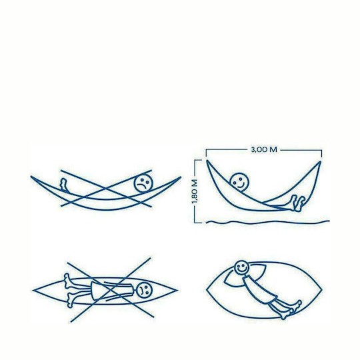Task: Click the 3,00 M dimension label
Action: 264,150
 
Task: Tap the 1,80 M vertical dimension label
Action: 195,192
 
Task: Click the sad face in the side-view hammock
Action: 143,183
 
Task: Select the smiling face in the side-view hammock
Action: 239,182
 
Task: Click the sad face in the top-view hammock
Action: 144,289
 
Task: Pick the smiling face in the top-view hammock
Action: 241,267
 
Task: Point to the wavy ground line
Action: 268,222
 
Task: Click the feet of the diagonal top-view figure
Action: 291,310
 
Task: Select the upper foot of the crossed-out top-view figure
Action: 68,281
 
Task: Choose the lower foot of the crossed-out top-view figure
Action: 71,300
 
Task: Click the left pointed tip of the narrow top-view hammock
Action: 33,291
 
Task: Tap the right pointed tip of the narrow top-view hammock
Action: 177,290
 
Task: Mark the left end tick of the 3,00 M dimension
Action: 206,153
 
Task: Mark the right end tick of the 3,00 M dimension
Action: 321,153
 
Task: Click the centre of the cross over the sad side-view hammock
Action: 106,189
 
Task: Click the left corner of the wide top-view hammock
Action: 207,290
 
